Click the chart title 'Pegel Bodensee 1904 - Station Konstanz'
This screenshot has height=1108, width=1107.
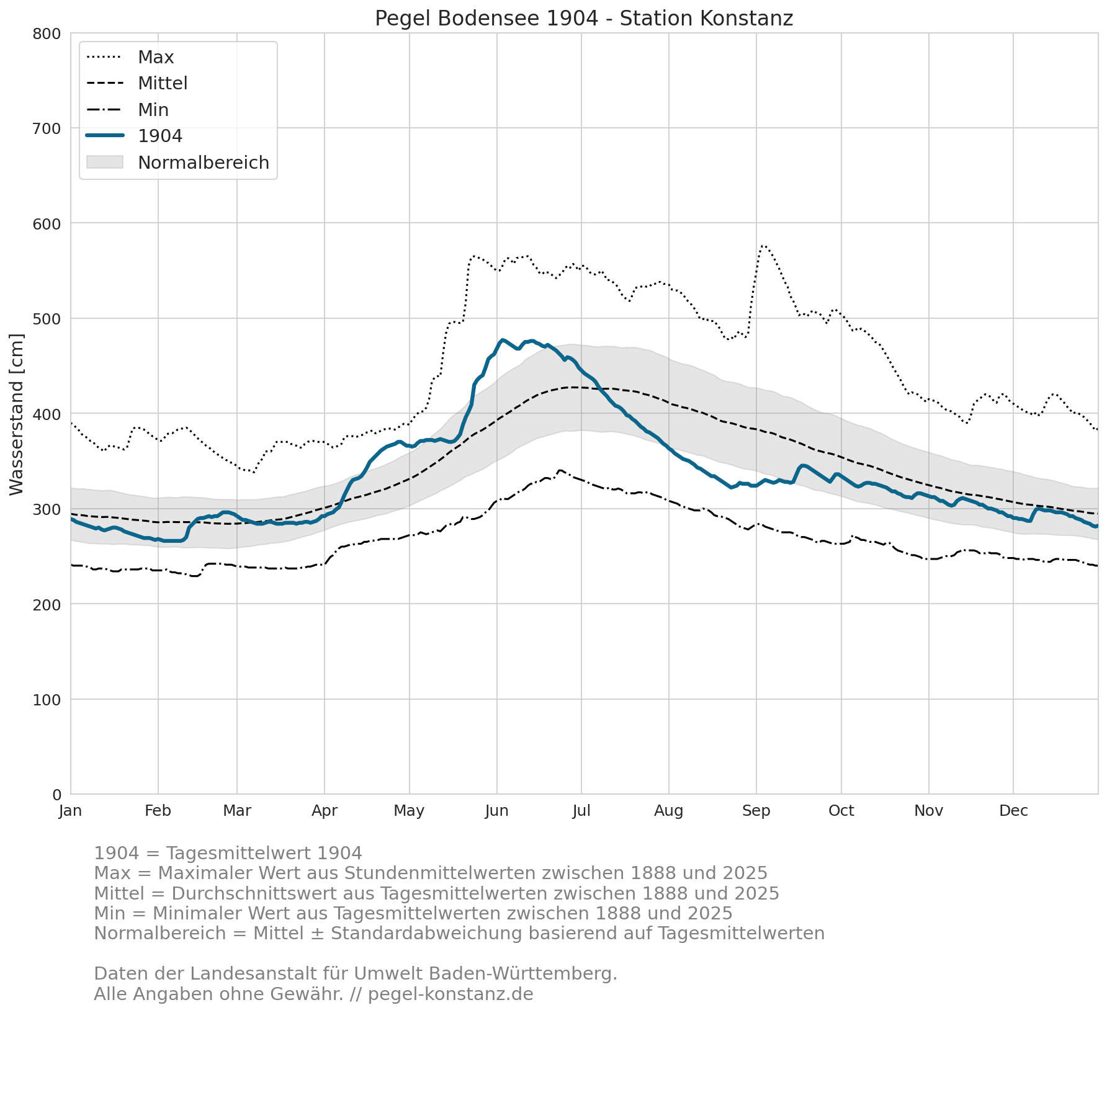click(584, 19)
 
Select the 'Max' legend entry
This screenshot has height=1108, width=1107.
click(156, 57)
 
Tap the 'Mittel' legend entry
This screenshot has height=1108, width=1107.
click(163, 83)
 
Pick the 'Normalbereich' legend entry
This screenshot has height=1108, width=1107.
click(204, 163)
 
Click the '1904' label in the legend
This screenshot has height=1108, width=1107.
click(160, 136)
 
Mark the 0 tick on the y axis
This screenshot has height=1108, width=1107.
click(57, 795)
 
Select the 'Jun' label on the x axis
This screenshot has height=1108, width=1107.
click(496, 811)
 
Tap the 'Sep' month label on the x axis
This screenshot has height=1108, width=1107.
click(756, 811)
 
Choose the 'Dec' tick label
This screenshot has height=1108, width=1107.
click(1013, 811)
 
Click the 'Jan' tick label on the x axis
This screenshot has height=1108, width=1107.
click(71, 811)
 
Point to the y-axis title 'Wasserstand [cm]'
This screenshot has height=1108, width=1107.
click(17, 414)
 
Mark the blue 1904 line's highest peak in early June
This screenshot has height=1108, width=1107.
click(502, 340)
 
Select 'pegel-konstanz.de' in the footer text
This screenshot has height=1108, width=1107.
click(450, 994)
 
